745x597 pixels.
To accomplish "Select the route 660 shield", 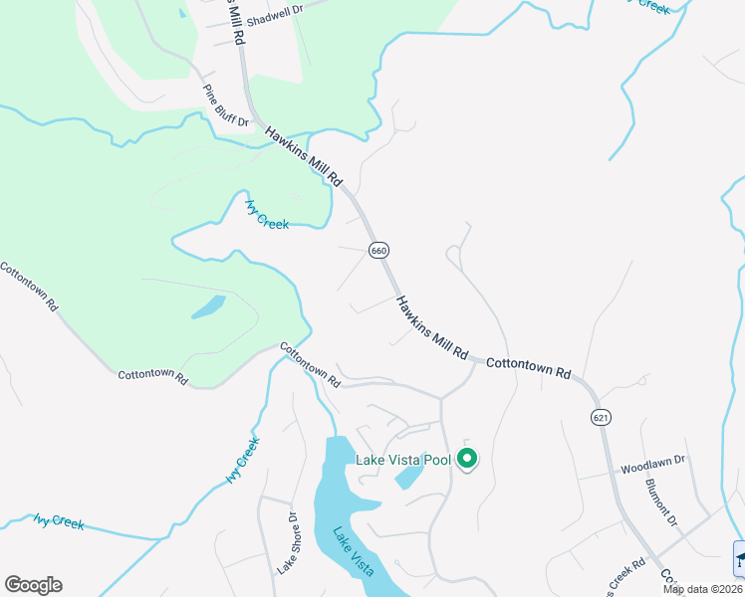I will click(x=378, y=250).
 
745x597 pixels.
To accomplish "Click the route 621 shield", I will click(x=599, y=416).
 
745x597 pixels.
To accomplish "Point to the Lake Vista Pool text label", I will click(x=403, y=460).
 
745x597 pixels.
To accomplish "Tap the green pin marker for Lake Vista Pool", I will click(x=466, y=459).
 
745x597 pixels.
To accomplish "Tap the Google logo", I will click(x=33, y=585).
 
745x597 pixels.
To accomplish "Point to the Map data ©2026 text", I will click(x=702, y=589).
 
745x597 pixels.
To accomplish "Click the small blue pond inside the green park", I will click(x=208, y=306).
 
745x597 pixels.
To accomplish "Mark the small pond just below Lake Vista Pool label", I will click(x=408, y=479).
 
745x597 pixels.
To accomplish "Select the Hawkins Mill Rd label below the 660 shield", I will click(x=431, y=327).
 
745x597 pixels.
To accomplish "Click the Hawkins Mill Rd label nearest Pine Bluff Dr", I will click(x=304, y=156).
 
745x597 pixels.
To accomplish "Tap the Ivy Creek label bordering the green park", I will click(x=267, y=214).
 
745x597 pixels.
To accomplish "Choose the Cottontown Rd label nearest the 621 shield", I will click(x=528, y=368).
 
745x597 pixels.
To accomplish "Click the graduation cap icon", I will click(x=739, y=558).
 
